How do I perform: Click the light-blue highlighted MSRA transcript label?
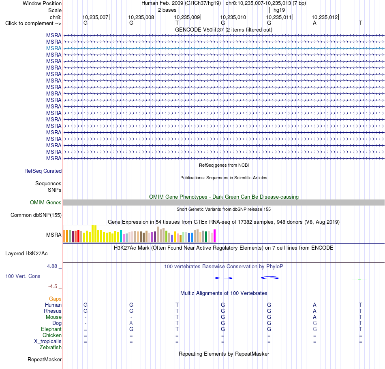click(x=54, y=48)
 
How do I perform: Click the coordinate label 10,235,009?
click(x=187, y=17)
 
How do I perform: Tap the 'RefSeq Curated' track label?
click(x=43, y=171)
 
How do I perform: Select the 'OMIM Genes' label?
click(x=46, y=203)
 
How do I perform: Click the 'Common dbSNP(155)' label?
click(x=36, y=215)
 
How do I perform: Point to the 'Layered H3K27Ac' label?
click(x=26, y=254)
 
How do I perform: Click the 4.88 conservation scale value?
click(x=52, y=266)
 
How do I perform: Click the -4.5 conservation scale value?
click(x=53, y=286)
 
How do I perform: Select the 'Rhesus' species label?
click(x=53, y=311)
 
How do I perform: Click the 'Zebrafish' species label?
click(x=51, y=348)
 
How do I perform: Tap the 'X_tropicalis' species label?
click(x=48, y=341)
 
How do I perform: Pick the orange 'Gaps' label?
click(x=55, y=299)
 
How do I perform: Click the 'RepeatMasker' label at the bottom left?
click(x=45, y=359)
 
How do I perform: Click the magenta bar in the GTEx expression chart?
click(x=215, y=236)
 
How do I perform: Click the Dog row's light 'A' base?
click(x=131, y=323)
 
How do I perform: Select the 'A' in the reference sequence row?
click(x=314, y=23)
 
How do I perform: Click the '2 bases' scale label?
click(x=167, y=10)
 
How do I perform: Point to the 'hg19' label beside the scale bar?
click(x=279, y=10)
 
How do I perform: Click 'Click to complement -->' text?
click(x=33, y=23)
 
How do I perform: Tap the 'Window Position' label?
click(x=42, y=3)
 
